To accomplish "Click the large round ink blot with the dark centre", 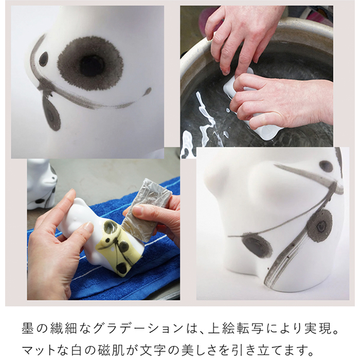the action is click(90, 63).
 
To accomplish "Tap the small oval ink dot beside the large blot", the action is click(43, 59).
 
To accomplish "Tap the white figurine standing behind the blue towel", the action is click(41, 183).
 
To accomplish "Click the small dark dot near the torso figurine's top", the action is click(326, 166).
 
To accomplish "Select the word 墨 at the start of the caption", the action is click(28, 329).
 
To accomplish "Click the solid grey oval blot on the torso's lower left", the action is click(257, 245).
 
